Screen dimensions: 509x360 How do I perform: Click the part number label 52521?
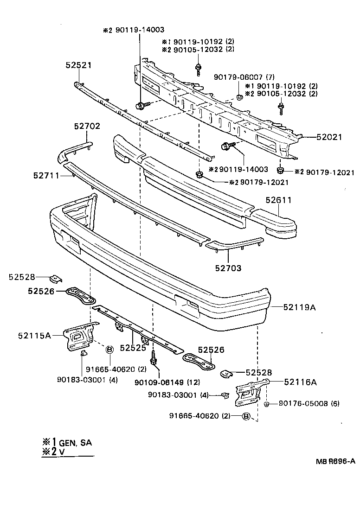[78, 65]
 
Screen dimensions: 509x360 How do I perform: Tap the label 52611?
[278, 200]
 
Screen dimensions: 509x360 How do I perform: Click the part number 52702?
[87, 126]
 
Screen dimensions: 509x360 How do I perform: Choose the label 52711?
[46, 175]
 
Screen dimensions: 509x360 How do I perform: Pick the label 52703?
[228, 267]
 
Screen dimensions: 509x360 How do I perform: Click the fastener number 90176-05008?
[303, 404]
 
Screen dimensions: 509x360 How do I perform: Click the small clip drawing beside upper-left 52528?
[56, 278]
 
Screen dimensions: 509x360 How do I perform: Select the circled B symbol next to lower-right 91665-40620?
[246, 416]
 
